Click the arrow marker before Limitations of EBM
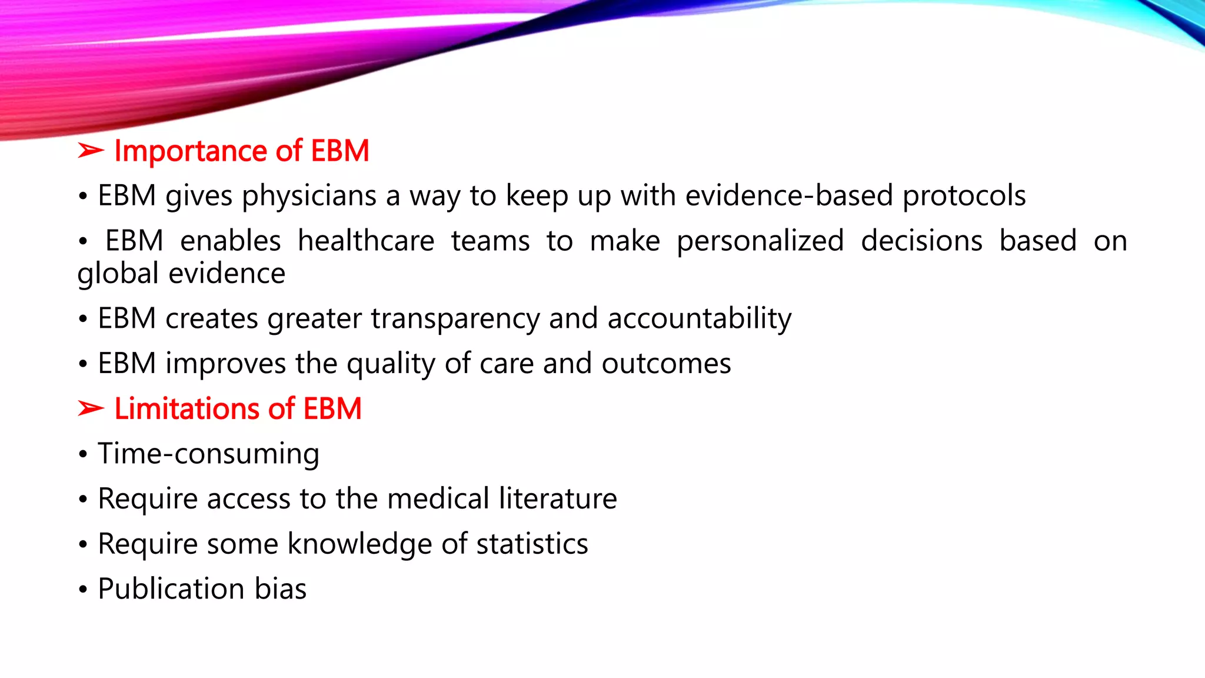tap(91, 408)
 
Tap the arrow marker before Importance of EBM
tap(91, 151)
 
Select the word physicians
tap(309, 196)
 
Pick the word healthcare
tap(366, 241)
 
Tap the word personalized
tap(760, 241)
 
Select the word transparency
tap(455, 319)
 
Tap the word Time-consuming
tap(208, 454)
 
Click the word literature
tap(558, 499)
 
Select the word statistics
tap(532, 544)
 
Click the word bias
tap(280, 589)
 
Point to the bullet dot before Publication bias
tap(83, 590)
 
